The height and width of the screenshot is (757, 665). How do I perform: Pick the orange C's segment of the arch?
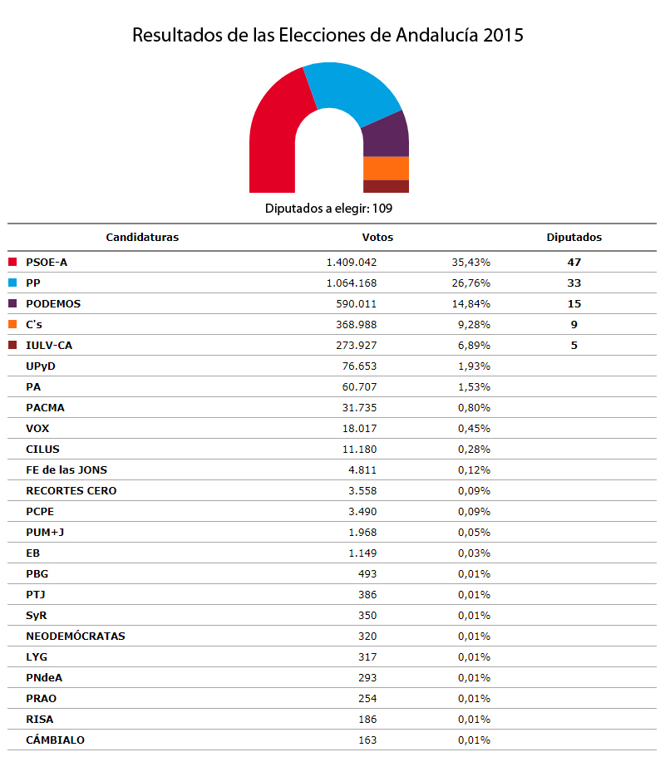(x=386, y=168)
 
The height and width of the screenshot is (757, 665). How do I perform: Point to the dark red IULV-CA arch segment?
(x=386, y=186)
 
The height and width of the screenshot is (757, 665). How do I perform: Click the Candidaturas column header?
(x=142, y=237)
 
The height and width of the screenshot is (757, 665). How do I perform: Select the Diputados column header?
(x=574, y=237)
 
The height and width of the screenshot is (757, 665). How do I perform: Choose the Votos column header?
(x=377, y=237)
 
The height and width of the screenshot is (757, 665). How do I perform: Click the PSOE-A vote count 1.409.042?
(x=352, y=262)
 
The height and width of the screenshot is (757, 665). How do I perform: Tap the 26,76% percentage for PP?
(x=470, y=283)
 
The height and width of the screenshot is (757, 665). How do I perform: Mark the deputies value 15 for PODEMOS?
(x=574, y=303)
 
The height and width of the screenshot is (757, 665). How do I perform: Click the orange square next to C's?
(x=12, y=324)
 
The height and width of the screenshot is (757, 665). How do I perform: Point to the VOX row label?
(x=38, y=428)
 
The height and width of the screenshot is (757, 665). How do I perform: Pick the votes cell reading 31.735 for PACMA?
(x=359, y=407)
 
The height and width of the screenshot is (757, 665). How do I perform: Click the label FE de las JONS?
(x=66, y=469)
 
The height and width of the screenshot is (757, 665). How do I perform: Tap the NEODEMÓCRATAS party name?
(x=76, y=636)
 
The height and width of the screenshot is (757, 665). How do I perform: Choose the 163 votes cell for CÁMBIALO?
(x=367, y=740)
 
